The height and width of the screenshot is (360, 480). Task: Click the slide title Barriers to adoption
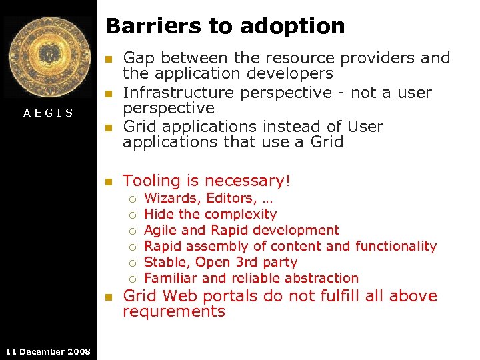click(x=225, y=26)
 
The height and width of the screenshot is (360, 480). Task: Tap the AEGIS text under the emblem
click(x=48, y=113)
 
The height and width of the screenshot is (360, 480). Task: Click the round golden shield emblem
click(x=48, y=57)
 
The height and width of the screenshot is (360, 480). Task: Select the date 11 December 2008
click(x=47, y=351)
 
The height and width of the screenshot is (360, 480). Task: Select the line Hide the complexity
click(x=210, y=214)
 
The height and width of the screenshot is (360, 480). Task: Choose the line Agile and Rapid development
click(x=241, y=230)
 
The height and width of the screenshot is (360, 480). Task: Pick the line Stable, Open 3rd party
click(x=221, y=262)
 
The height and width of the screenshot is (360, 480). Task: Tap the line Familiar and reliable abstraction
click(x=251, y=278)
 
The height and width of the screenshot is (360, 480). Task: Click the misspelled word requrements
click(x=174, y=311)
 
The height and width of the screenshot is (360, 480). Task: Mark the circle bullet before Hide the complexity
click(x=133, y=215)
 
